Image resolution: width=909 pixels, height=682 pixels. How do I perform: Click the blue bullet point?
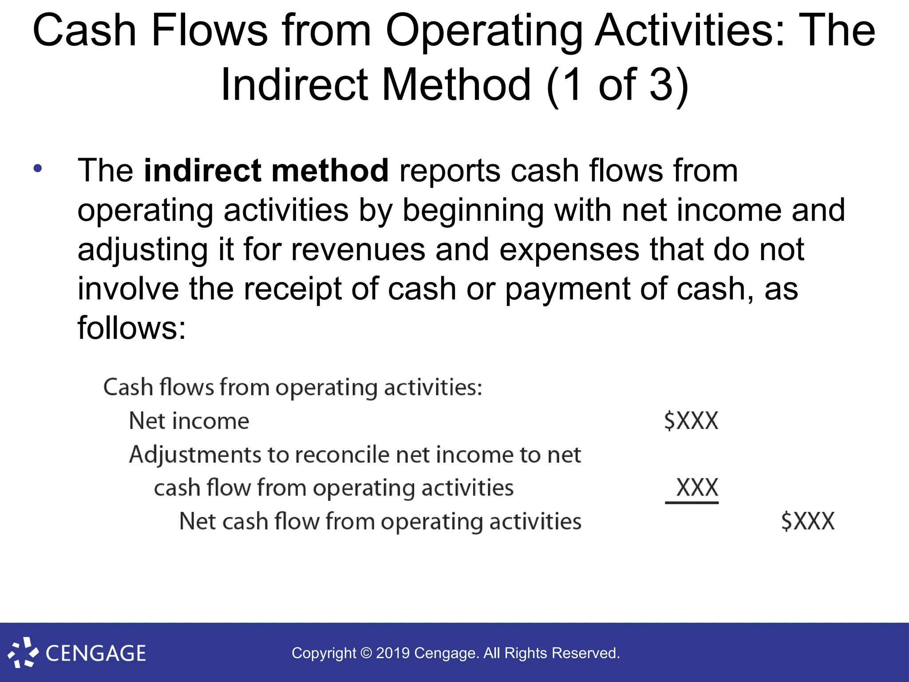tap(38, 168)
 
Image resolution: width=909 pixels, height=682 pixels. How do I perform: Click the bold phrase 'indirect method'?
tap(266, 170)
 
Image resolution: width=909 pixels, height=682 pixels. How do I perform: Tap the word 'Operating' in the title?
tap(484, 31)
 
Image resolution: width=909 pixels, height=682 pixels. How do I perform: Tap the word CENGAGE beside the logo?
tap(96, 654)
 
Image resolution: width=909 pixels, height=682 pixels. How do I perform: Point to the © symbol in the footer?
tap(366, 653)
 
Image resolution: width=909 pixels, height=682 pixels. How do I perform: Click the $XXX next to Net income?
tap(691, 420)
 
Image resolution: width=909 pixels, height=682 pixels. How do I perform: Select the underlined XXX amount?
tap(696, 488)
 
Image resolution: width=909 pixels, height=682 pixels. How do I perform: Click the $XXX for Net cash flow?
tap(808, 521)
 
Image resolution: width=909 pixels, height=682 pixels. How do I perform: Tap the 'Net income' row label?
tap(189, 420)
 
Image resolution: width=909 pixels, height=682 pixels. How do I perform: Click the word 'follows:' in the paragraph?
tap(132, 328)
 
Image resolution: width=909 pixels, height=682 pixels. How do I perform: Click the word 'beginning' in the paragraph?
tap(473, 210)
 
